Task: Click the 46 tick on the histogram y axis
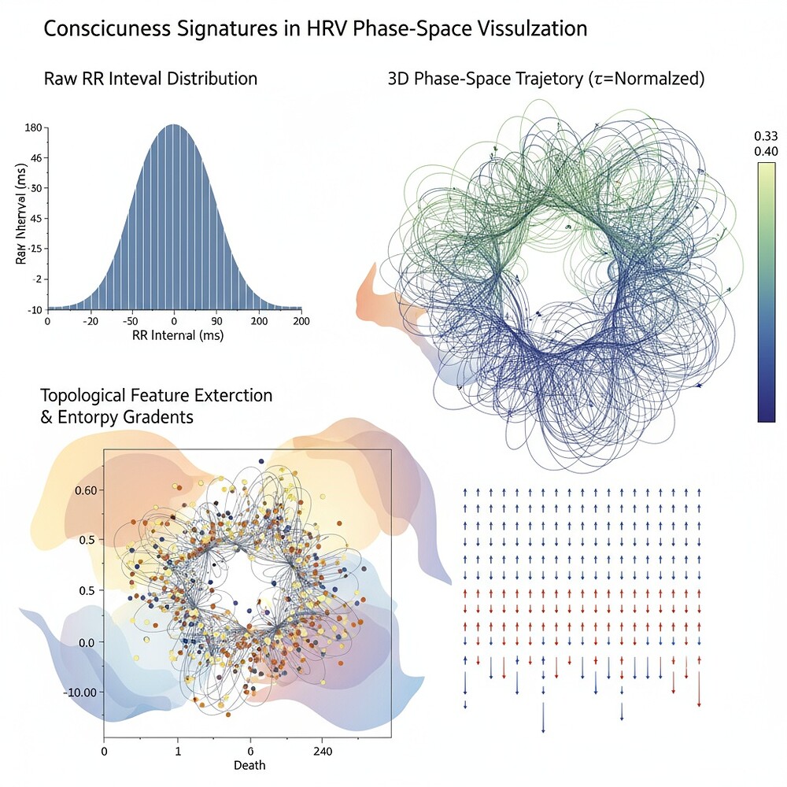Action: coord(36,158)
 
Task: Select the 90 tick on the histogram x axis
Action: coord(216,321)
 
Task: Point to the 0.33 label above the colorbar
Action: coord(765,136)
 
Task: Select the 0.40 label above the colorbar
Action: coord(765,150)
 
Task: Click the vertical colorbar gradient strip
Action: coord(766,292)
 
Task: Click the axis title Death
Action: coord(249,765)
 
